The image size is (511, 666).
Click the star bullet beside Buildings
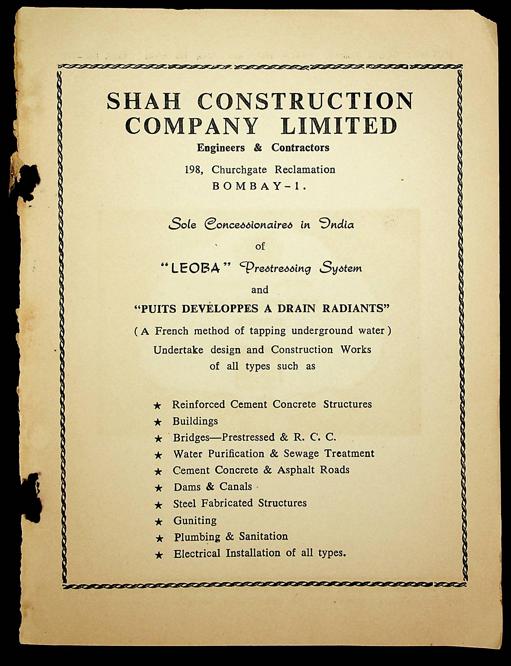click(x=158, y=422)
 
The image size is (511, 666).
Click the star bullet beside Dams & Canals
click(x=158, y=488)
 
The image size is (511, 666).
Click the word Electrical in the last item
click(x=197, y=553)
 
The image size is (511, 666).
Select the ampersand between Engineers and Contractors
click(x=258, y=148)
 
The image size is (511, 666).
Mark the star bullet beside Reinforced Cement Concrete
click(x=157, y=406)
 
